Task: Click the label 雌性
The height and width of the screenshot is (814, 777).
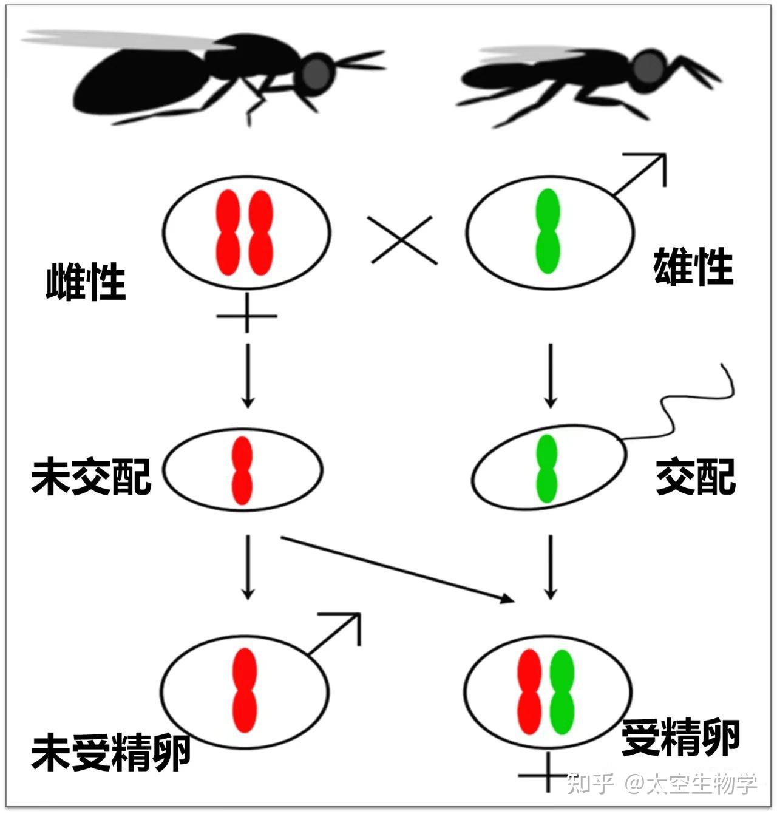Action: point(86,282)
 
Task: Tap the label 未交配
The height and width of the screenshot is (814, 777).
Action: point(91,476)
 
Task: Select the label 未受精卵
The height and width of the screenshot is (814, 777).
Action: point(111,753)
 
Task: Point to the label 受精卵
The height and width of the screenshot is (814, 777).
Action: point(680,738)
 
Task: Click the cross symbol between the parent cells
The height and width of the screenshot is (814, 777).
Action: point(404,240)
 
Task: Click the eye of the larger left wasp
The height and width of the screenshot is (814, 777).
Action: point(317,73)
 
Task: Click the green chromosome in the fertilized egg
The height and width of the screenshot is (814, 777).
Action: point(562,691)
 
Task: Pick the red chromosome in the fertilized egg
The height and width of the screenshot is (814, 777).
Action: point(529,691)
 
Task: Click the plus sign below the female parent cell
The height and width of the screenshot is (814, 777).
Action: point(246,316)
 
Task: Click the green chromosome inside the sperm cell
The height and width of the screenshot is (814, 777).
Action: point(547,469)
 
